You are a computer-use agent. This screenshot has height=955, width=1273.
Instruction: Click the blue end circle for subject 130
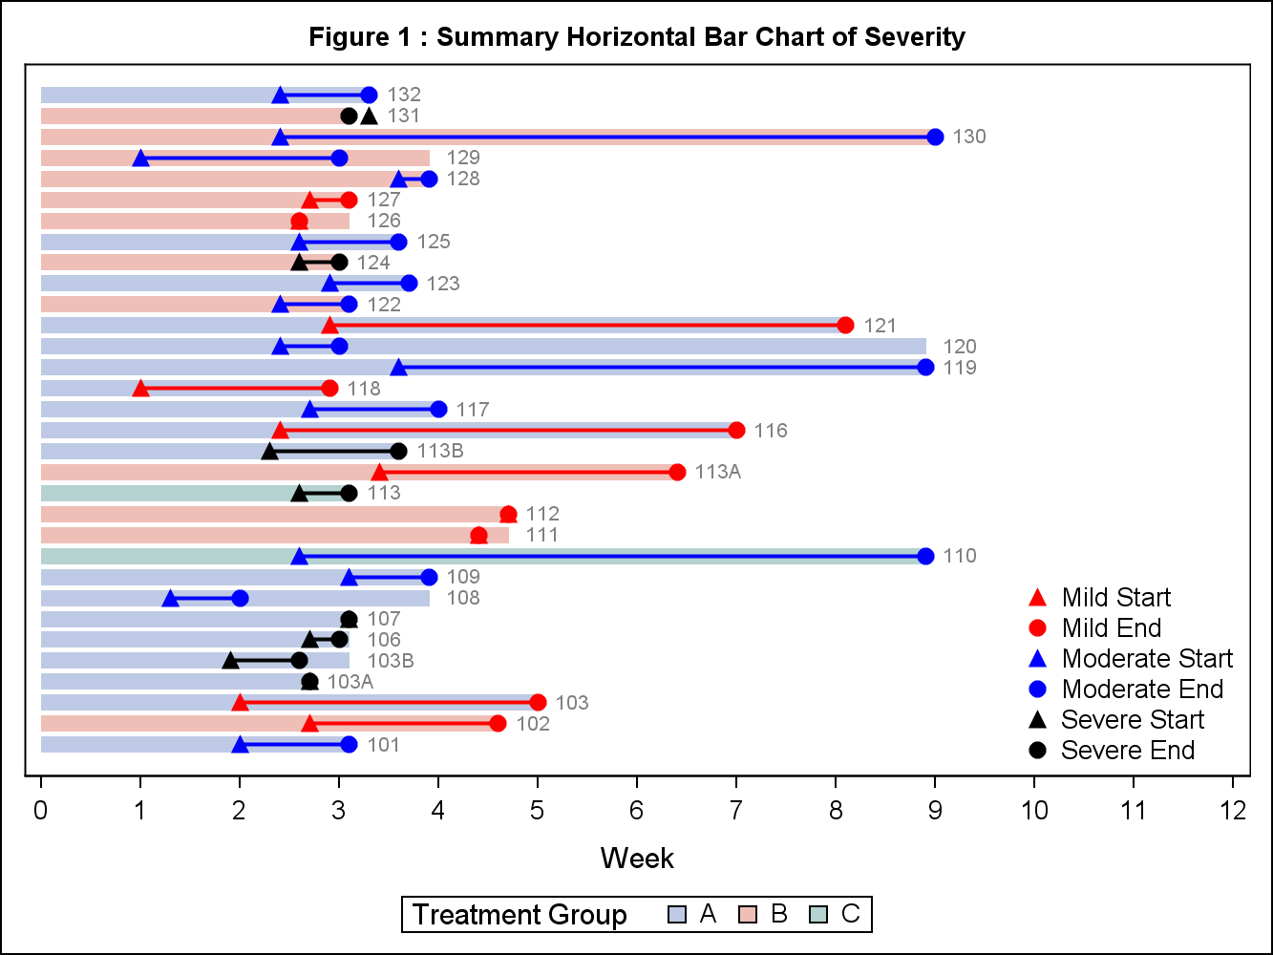(935, 137)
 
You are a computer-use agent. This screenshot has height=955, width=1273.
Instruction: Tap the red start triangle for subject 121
(329, 326)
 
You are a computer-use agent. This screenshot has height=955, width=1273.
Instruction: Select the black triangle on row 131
(369, 116)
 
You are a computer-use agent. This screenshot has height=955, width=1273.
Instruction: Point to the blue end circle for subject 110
(925, 556)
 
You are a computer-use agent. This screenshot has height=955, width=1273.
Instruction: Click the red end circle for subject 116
(736, 430)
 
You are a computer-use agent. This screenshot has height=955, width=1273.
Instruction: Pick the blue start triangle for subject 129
(140, 158)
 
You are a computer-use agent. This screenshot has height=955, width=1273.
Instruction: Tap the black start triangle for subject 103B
(230, 660)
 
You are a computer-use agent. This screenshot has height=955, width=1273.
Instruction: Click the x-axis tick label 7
(736, 812)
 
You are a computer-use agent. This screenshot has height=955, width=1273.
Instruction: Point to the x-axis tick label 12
(1233, 812)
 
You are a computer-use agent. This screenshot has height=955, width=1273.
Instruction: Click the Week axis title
(637, 859)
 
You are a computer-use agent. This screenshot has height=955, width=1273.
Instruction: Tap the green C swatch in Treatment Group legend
(818, 915)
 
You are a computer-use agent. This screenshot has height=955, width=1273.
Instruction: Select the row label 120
(960, 347)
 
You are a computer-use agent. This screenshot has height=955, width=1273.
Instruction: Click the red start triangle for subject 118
(140, 388)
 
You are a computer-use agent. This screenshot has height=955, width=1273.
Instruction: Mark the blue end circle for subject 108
(240, 598)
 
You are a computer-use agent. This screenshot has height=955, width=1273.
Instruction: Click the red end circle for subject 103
(538, 702)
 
